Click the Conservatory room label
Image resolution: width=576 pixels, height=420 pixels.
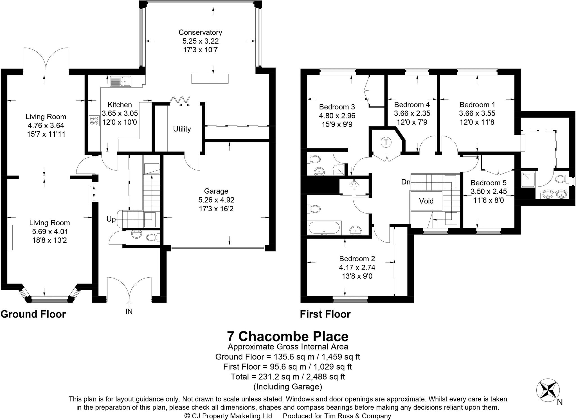click(200, 32)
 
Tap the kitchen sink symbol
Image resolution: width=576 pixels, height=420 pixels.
click(121, 81)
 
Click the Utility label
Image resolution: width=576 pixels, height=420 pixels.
click(182, 129)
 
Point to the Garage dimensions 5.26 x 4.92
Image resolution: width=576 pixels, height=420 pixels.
click(216, 200)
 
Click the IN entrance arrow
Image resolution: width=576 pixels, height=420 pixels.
click(129, 304)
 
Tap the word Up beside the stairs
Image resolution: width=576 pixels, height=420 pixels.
click(111, 219)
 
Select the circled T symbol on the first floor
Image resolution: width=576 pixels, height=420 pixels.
click(386, 142)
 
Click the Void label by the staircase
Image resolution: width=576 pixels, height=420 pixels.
click(426, 201)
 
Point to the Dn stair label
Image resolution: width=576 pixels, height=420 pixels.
click(406, 182)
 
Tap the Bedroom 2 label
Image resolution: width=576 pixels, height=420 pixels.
click(357, 259)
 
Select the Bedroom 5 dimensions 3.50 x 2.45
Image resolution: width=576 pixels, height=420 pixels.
click(489, 192)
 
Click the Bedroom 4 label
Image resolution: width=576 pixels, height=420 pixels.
click(412, 105)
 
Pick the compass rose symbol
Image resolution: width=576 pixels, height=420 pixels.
click(548, 390)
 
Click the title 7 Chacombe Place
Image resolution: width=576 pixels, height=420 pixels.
click(288, 336)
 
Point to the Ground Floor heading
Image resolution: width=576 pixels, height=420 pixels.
click(33, 314)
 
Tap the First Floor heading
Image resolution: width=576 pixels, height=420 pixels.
click(325, 314)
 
